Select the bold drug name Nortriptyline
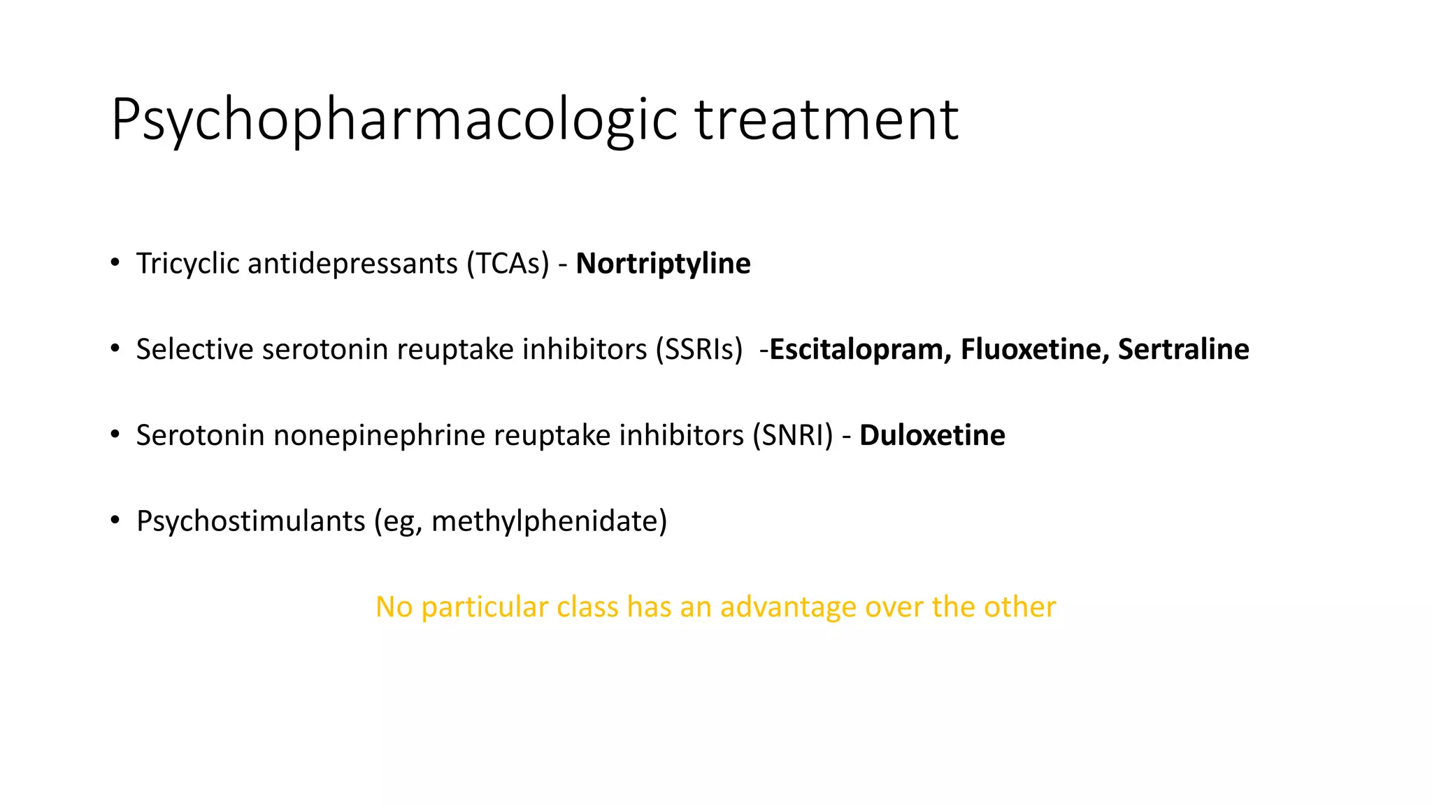(663, 264)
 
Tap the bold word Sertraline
(1183, 349)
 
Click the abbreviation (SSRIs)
(699, 349)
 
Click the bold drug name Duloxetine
(932, 435)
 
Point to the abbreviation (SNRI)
(792, 435)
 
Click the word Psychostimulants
(250, 521)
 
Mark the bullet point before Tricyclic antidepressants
(115, 263)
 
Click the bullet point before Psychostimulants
(115, 521)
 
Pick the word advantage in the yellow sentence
(788, 607)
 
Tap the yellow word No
(394, 607)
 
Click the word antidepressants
(352, 264)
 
